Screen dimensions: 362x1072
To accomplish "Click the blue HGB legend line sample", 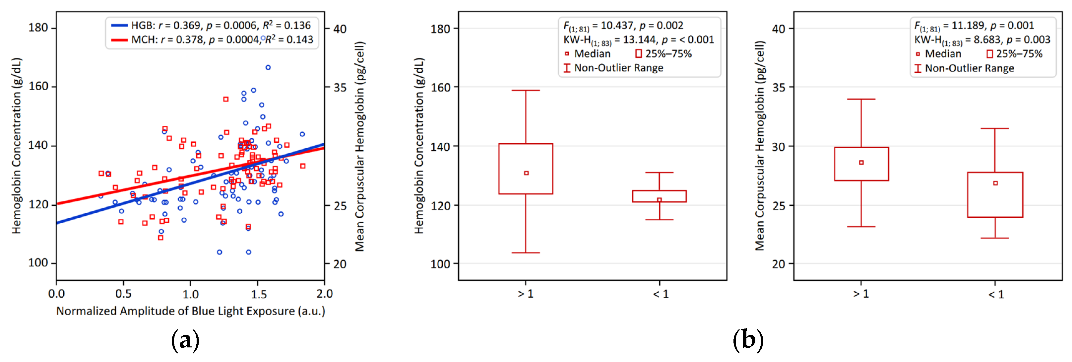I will pyautogui.click(x=119, y=26).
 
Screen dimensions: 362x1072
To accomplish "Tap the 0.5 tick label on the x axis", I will pyautogui.click(x=123, y=294).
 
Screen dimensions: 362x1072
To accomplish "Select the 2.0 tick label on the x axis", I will pyautogui.click(x=325, y=294).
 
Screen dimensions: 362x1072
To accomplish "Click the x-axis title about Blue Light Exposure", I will pyautogui.click(x=191, y=311).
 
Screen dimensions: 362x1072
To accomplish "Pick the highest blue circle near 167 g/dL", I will pyautogui.click(x=268, y=67).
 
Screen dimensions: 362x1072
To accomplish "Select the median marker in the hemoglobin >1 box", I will pyautogui.click(x=526, y=173).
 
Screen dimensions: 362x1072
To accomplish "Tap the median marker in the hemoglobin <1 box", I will pyautogui.click(x=659, y=200).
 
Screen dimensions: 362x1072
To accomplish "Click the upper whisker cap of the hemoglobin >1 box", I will pyautogui.click(x=526, y=90).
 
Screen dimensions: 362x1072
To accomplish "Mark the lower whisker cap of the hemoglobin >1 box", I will pyautogui.click(x=526, y=253).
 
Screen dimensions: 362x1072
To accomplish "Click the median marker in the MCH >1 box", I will pyautogui.click(x=861, y=163).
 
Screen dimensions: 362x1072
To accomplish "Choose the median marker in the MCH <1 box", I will pyautogui.click(x=995, y=183).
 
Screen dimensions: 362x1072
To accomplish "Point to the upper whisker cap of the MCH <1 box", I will pyautogui.click(x=995, y=128).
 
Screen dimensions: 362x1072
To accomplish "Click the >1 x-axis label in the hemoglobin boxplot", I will pyautogui.click(x=526, y=294).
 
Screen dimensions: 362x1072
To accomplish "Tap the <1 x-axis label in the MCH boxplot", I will pyautogui.click(x=996, y=295).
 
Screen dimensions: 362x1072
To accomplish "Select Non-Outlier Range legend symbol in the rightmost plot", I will pyautogui.click(x=917, y=68).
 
